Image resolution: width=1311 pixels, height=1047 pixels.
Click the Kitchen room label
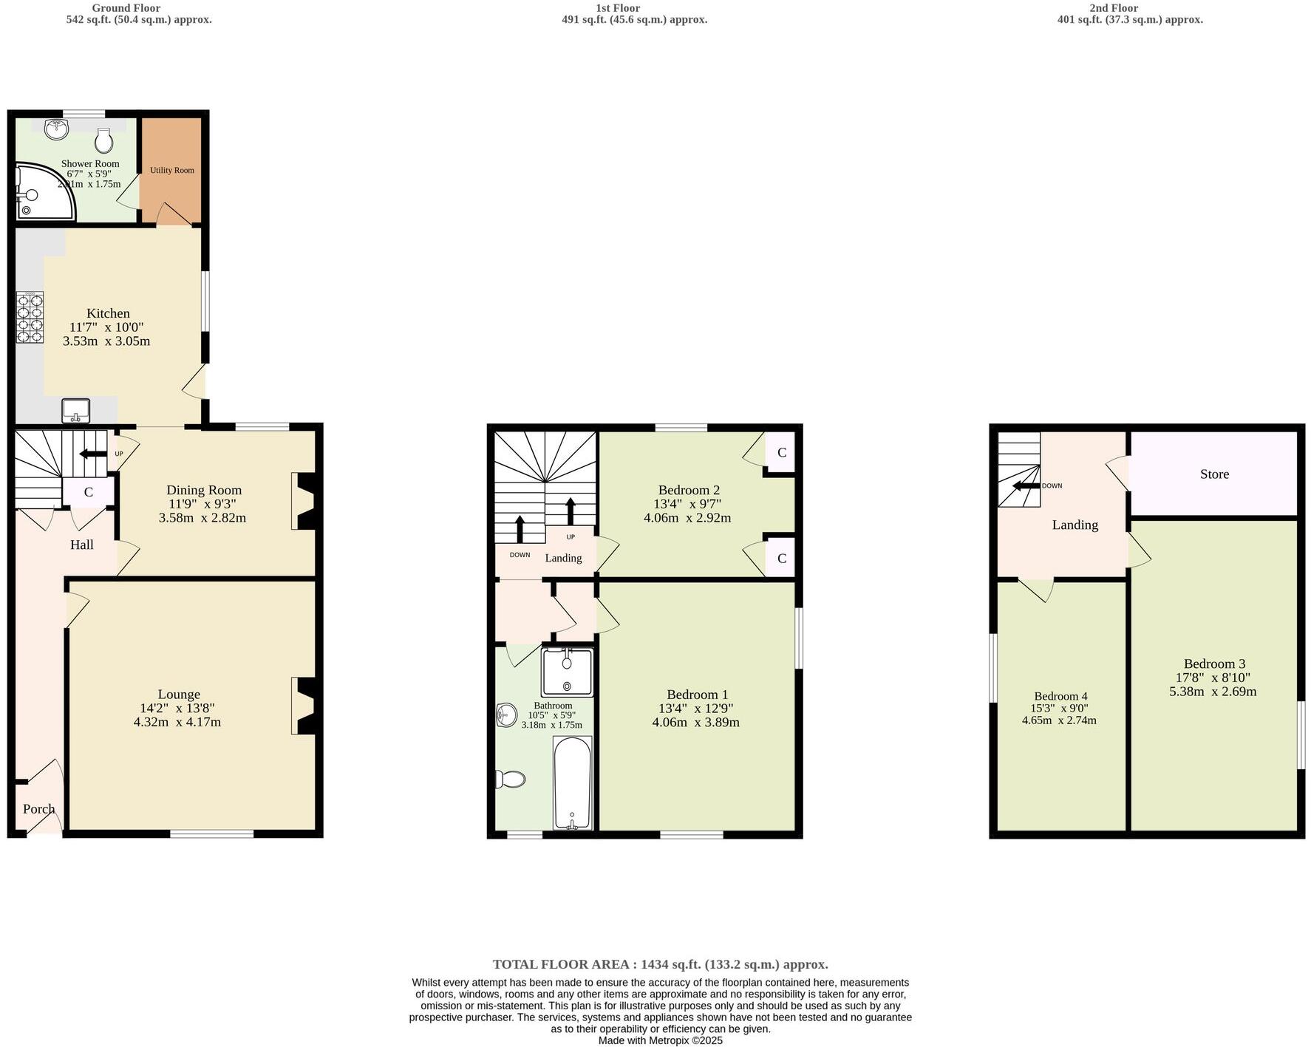click(108, 313)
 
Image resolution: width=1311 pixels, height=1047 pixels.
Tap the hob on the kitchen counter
click(30, 318)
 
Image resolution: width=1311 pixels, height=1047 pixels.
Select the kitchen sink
click(75, 410)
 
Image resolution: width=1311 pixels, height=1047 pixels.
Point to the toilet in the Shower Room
click(104, 140)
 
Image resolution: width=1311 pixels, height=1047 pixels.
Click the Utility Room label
click(172, 170)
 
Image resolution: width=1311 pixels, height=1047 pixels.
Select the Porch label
click(38, 809)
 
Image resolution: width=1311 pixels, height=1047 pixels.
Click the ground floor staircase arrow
click(93, 454)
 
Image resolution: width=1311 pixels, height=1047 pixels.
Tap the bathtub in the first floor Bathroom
click(573, 783)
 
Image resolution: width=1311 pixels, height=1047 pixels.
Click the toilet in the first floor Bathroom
click(511, 779)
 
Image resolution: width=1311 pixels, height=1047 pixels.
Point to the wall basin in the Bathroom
click(506, 715)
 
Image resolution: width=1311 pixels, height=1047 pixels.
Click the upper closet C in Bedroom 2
click(781, 452)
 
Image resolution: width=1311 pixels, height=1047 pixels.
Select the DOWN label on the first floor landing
click(520, 555)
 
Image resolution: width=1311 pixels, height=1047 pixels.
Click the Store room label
click(1214, 474)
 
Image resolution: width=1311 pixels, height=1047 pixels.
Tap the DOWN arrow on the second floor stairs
click(1026, 485)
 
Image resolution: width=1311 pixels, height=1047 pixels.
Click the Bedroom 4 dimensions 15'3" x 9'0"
click(1059, 708)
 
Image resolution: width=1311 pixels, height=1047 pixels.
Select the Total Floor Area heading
click(660, 964)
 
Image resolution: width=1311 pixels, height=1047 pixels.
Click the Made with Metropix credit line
click(660, 1040)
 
